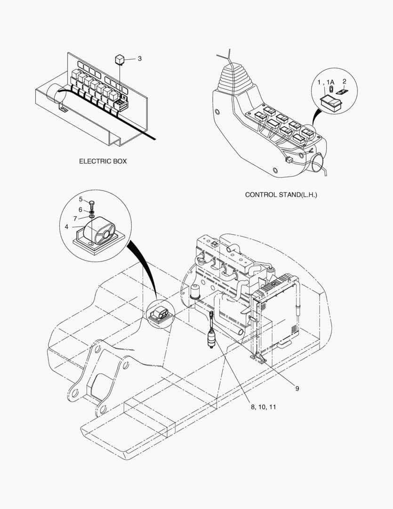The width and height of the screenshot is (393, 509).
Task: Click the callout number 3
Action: [139, 59]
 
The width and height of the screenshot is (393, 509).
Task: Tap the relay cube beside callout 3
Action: [120, 59]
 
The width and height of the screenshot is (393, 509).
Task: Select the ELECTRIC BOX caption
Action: [103, 161]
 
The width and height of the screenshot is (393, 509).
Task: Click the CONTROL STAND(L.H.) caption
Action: [281, 194]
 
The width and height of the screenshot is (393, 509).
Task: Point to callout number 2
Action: [344, 82]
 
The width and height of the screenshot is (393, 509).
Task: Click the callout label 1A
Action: [331, 82]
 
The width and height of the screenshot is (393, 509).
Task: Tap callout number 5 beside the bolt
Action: [80, 199]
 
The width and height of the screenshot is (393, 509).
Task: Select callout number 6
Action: [80, 209]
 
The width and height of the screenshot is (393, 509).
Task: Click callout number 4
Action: [67, 227]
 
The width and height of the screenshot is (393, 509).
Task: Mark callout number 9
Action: [297, 389]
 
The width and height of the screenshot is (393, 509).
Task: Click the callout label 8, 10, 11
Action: [263, 407]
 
